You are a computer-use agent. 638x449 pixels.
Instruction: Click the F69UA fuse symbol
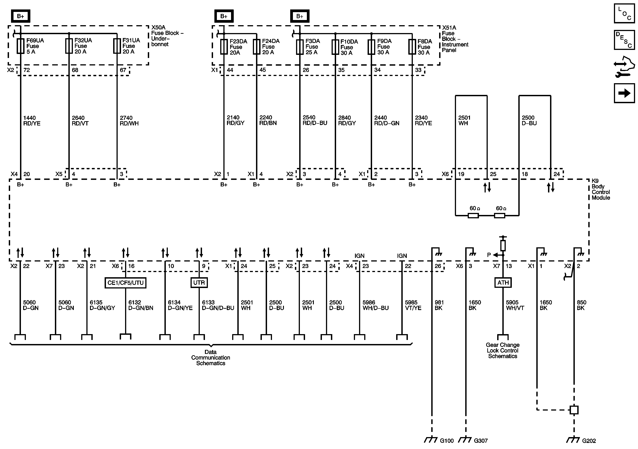(x=20, y=46)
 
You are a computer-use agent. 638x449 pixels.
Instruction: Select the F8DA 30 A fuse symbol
(x=412, y=47)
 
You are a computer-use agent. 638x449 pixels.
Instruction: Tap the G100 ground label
(x=447, y=441)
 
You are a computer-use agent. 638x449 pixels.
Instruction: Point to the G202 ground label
(x=589, y=441)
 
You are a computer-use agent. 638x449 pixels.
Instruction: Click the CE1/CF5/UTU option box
(x=125, y=283)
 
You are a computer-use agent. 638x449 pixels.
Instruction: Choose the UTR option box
(x=199, y=283)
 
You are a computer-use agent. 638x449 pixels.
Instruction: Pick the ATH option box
(x=503, y=283)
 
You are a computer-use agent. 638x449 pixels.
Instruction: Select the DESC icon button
(x=624, y=40)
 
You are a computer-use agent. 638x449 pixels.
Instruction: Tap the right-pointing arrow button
(x=624, y=93)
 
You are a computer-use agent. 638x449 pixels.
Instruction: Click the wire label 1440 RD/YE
(x=32, y=121)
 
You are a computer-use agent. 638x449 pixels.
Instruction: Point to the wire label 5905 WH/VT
(x=515, y=305)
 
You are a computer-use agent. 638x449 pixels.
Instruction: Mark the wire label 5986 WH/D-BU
(x=375, y=305)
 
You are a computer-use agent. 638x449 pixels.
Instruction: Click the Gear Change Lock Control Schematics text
(x=502, y=351)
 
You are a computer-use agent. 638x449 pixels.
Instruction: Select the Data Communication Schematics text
(x=211, y=358)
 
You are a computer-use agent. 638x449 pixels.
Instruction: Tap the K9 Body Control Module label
(x=600, y=189)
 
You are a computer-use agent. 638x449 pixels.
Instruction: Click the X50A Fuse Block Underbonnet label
(x=167, y=36)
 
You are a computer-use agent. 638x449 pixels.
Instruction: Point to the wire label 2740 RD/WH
(x=129, y=121)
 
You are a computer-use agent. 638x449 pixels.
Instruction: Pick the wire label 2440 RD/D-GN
(x=386, y=121)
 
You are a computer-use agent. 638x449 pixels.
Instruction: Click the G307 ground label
(x=481, y=441)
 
